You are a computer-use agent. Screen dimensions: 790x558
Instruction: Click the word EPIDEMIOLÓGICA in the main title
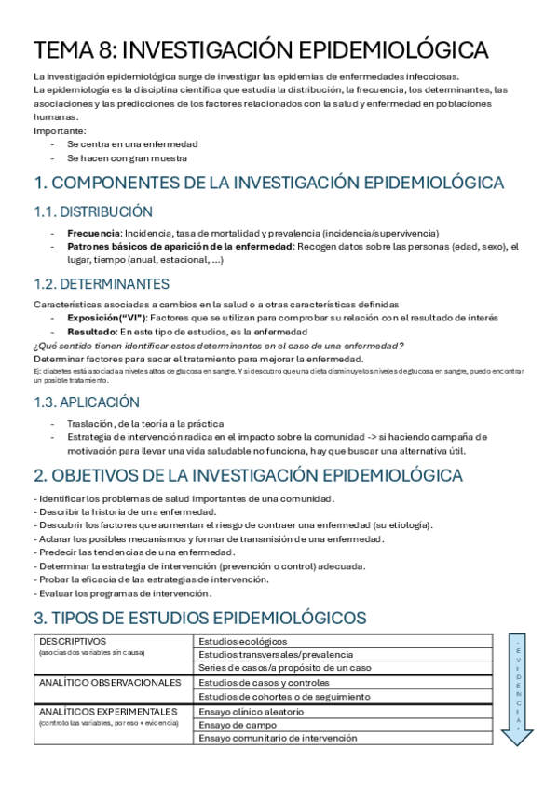pos(391,48)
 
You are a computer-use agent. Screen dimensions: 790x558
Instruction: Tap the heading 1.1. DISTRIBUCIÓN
pos(93,211)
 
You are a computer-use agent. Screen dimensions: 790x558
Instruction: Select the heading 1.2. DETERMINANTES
pos(102,283)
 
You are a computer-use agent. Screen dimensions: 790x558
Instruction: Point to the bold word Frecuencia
pos(94,232)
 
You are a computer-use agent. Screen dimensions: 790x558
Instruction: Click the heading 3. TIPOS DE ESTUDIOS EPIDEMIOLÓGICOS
pos(199,618)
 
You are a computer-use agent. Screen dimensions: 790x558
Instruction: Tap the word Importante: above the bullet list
pos(60,131)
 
